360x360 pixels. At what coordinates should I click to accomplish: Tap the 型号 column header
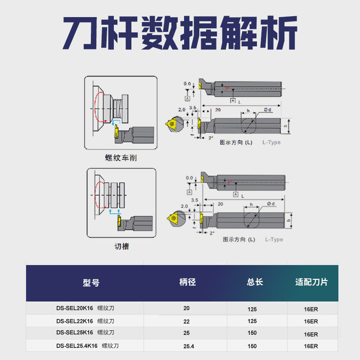tap(91, 283)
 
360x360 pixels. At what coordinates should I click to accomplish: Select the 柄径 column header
tap(187, 282)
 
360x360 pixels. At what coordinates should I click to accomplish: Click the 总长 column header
tap(255, 282)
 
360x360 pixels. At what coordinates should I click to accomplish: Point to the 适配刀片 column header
tap(311, 282)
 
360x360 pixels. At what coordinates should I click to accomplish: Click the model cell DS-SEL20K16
tap(75, 308)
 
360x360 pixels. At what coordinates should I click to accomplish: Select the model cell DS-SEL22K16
tap(75, 321)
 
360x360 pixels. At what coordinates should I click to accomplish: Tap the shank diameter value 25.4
tap(187, 346)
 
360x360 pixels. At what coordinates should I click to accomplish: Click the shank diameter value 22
tap(187, 321)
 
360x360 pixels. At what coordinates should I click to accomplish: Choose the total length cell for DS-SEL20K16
tap(252, 308)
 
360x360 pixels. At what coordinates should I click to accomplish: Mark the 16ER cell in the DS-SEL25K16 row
tap(311, 334)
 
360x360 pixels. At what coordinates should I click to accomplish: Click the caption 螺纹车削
tap(121, 158)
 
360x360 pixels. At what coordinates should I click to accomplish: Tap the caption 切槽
tap(121, 247)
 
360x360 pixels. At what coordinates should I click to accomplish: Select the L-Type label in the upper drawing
tap(271, 143)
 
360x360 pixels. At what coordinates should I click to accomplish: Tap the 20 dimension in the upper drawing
tap(218, 110)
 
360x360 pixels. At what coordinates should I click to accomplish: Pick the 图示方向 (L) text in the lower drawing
tap(239, 239)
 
